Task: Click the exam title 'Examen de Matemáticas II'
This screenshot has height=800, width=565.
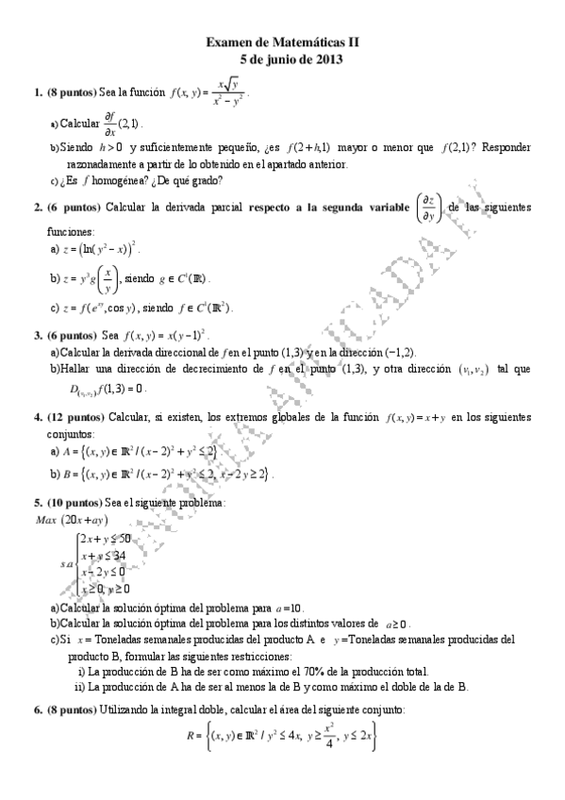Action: (283, 42)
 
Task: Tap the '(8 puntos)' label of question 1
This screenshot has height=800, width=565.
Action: (72, 92)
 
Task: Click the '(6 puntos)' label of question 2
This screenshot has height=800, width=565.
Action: (74, 207)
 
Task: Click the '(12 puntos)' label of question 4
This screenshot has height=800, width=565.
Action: (74, 416)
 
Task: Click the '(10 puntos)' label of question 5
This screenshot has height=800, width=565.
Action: (74, 504)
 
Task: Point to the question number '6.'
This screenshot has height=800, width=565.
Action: (38, 708)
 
